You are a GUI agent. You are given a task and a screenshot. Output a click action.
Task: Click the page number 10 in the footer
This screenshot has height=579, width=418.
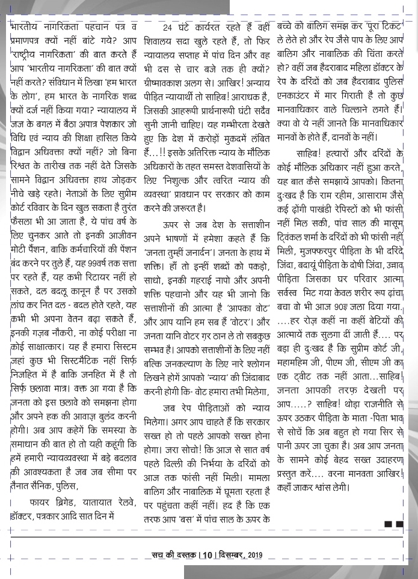209,554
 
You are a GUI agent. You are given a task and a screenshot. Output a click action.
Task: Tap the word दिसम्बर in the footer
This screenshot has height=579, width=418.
232,554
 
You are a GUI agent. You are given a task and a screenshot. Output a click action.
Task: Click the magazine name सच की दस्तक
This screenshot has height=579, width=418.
176,554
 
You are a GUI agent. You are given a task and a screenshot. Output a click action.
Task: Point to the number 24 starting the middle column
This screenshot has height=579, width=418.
170,27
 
